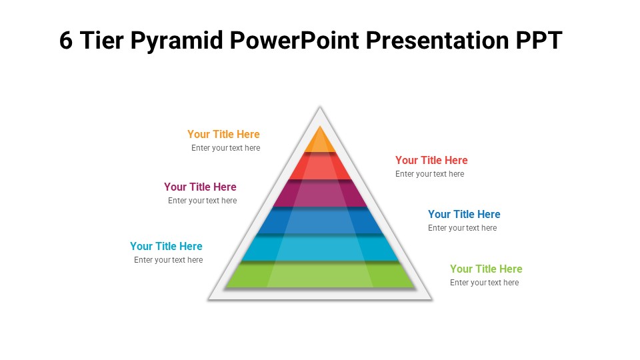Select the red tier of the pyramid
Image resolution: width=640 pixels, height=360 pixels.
320,167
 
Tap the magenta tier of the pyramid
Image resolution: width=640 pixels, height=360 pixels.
320,194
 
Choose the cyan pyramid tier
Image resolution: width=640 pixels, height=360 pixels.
320,249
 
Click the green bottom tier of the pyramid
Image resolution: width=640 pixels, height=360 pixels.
320,275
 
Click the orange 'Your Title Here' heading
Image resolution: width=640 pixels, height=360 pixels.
223,134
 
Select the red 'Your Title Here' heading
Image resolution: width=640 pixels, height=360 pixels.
431,160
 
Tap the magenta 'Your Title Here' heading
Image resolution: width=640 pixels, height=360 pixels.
200,187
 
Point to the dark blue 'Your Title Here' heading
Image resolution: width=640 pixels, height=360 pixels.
464,214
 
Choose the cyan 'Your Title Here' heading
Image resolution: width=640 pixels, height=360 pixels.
166,246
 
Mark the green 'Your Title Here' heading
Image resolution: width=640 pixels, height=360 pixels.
486,269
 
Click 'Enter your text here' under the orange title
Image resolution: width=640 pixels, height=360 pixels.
225,148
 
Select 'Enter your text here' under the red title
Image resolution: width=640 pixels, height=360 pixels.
429,174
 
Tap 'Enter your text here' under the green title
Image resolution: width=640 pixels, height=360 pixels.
484,283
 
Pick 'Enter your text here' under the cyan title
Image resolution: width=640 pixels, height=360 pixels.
168,260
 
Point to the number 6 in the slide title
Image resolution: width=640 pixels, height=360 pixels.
66,41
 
